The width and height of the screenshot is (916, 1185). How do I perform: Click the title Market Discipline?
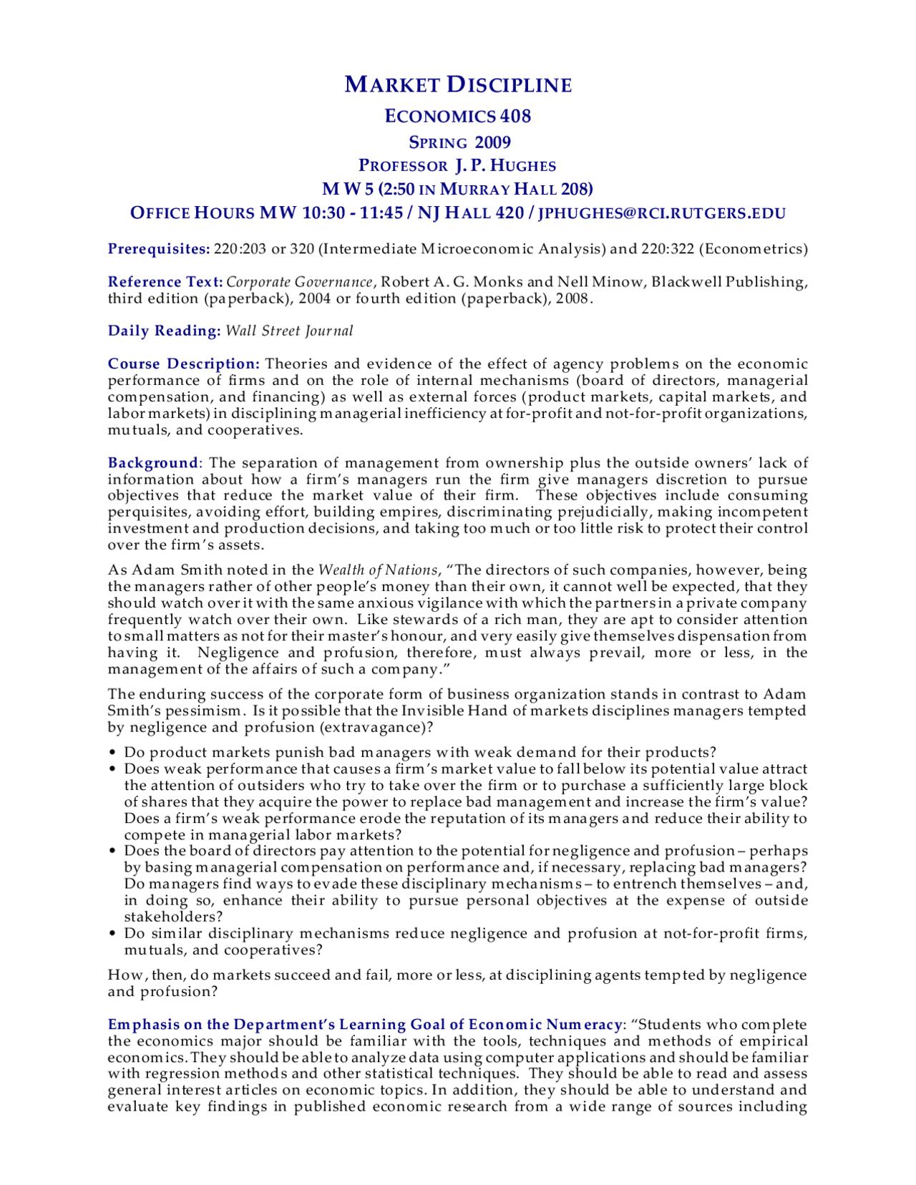(x=458, y=84)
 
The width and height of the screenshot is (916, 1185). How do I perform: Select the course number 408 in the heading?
(x=515, y=116)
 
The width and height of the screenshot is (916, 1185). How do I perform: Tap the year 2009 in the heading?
(x=492, y=142)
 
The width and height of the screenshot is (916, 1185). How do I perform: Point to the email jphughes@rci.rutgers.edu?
(x=662, y=213)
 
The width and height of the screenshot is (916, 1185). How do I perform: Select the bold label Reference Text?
(x=165, y=282)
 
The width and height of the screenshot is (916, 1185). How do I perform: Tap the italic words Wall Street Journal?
(x=289, y=331)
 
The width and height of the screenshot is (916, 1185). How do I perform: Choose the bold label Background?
(x=153, y=463)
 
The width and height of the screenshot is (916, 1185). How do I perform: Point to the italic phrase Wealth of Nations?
(x=378, y=570)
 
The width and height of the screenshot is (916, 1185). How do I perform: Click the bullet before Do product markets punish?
(x=112, y=753)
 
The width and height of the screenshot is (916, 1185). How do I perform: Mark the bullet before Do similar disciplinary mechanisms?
(x=112, y=934)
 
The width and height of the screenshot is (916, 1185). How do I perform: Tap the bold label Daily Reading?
(x=164, y=331)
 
